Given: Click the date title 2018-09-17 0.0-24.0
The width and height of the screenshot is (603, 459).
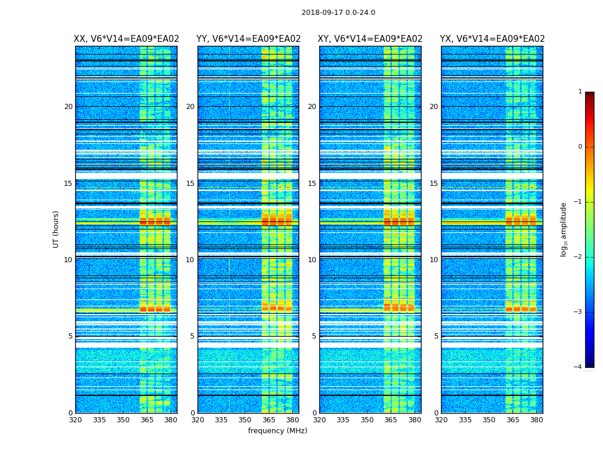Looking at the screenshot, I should click(x=338, y=13).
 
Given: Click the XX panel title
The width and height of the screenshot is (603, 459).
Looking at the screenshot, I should click(x=126, y=39).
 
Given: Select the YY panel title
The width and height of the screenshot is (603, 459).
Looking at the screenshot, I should click(x=248, y=39).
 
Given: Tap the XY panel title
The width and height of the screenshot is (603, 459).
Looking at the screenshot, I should click(x=370, y=39).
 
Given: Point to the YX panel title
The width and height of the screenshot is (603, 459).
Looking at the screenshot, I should click(x=492, y=39).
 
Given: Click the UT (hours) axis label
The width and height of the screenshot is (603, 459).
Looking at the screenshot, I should click(x=56, y=229).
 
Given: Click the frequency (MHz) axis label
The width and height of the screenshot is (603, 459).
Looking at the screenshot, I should click(x=277, y=431).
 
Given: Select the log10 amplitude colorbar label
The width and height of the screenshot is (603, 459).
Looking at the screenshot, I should click(x=564, y=229).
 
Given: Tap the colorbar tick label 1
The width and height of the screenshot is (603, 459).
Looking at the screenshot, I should click(x=579, y=92).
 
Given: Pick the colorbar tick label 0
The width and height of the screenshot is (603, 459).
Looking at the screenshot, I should click(x=579, y=147).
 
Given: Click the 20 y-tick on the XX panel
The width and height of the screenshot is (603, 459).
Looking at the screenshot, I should click(x=68, y=107).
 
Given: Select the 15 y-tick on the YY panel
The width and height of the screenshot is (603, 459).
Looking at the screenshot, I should click(x=190, y=184).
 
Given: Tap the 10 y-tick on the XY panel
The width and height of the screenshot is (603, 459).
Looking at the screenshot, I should click(x=312, y=260).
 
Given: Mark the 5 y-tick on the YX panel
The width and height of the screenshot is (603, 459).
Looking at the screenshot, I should click(x=436, y=336).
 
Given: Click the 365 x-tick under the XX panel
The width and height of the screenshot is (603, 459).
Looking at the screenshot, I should click(x=147, y=420).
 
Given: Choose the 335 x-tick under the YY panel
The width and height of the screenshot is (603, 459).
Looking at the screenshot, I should click(x=221, y=420).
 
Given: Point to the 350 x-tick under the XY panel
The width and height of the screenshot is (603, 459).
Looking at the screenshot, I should click(x=367, y=420).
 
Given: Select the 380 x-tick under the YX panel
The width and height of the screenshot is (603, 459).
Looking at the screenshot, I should click(x=536, y=420).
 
